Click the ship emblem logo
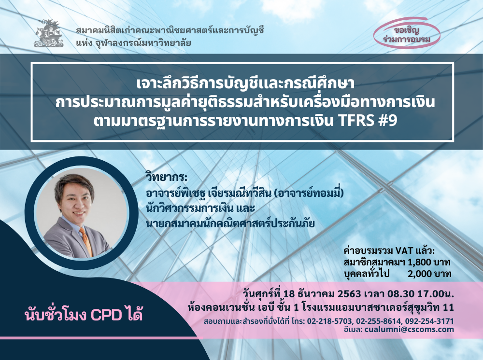click(49, 33)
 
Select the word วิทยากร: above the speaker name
click(167, 178)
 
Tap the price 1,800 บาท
click(429, 263)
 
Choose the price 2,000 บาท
click(429, 274)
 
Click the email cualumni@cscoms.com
click(409, 330)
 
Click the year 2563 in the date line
click(349, 294)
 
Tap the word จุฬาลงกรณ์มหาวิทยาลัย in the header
click(142, 43)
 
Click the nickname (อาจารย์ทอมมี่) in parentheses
click(308, 193)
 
